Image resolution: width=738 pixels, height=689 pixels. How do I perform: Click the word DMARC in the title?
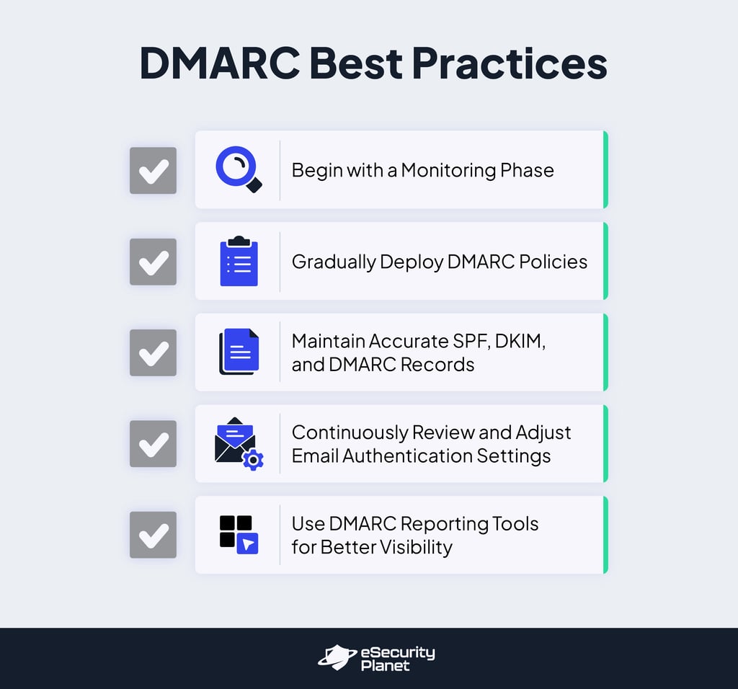(219, 63)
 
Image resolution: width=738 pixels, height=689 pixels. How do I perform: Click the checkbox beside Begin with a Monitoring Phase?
(153, 171)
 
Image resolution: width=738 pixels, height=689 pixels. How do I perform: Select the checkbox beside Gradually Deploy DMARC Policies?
(153, 262)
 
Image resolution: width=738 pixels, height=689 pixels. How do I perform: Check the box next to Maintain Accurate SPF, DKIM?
(153, 352)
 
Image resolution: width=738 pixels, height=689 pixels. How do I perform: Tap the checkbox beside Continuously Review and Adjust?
(153, 444)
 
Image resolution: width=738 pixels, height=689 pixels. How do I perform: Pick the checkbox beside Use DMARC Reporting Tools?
(153, 535)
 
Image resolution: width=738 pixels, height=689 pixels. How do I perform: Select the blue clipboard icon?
(239, 261)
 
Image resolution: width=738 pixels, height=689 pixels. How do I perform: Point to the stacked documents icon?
(239, 352)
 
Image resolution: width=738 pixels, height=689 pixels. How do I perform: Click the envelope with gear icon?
(237, 443)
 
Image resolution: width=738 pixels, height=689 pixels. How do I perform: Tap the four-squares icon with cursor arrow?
(239, 535)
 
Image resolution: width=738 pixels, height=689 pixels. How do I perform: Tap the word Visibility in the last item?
(414, 547)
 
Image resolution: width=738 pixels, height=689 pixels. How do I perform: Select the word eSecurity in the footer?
(398, 653)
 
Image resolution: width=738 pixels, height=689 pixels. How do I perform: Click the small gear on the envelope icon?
(252, 460)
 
